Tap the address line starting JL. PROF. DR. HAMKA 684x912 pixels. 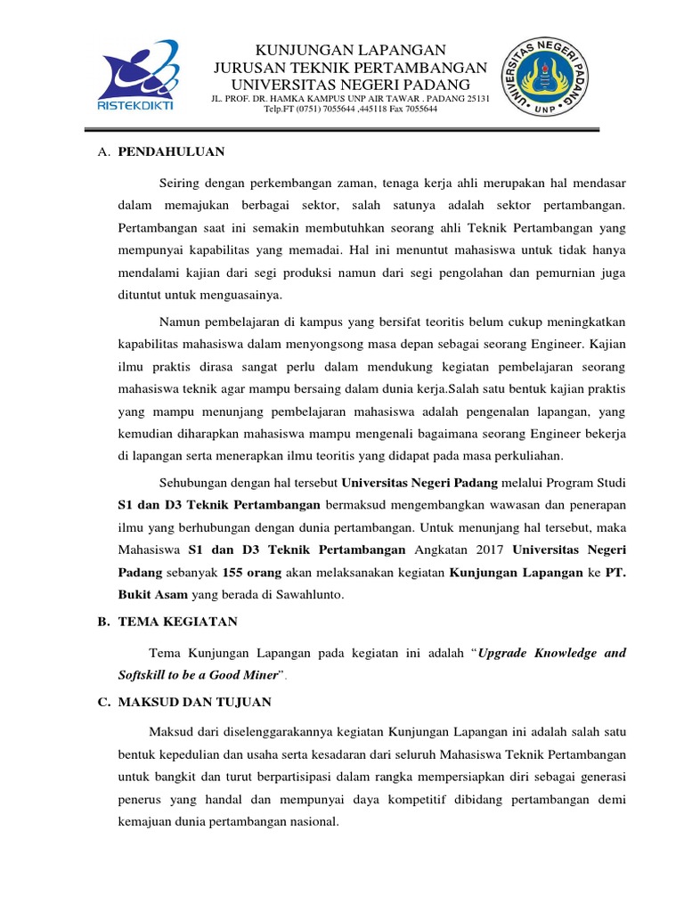click(350, 98)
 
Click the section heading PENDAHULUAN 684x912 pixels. click(171, 151)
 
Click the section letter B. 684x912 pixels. click(102, 622)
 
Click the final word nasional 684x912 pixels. click(313, 821)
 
